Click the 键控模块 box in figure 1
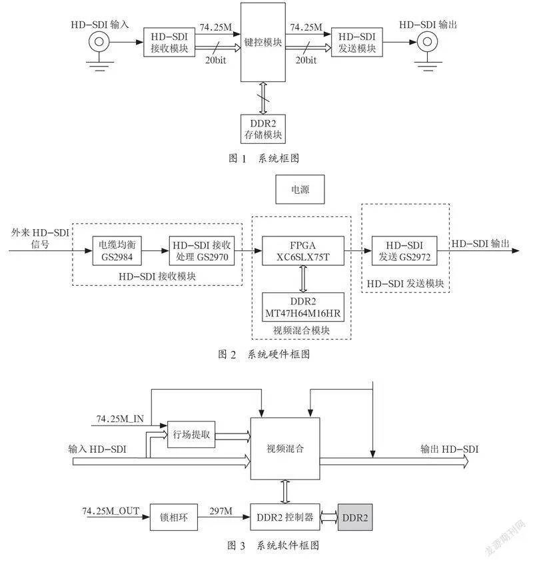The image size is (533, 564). click(x=263, y=42)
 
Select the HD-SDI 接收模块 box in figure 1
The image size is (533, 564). click(x=169, y=42)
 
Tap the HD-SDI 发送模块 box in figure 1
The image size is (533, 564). click(x=356, y=42)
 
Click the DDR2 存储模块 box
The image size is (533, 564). click(x=263, y=129)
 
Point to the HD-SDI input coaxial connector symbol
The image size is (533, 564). click(x=99, y=42)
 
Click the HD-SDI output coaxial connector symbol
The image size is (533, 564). click(x=427, y=42)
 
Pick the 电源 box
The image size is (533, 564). click(x=300, y=190)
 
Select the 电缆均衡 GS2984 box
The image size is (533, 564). click(x=117, y=251)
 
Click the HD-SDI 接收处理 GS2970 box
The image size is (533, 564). click(x=202, y=251)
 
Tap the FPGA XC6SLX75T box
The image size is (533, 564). click(x=303, y=251)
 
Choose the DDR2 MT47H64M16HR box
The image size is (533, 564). click(x=303, y=307)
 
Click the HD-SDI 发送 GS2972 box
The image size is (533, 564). click(x=404, y=251)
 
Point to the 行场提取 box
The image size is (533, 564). click(x=191, y=435)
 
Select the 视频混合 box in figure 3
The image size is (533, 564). click(x=285, y=449)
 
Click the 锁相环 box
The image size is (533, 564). click(x=174, y=517)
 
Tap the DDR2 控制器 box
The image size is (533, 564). click(x=285, y=517)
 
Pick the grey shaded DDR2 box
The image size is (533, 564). click(x=355, y=517)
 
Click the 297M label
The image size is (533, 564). click(x=221, y=511)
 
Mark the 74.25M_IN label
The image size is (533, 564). click(x=120, y=419)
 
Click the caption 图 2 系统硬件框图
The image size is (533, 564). click(x=264, y=354)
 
